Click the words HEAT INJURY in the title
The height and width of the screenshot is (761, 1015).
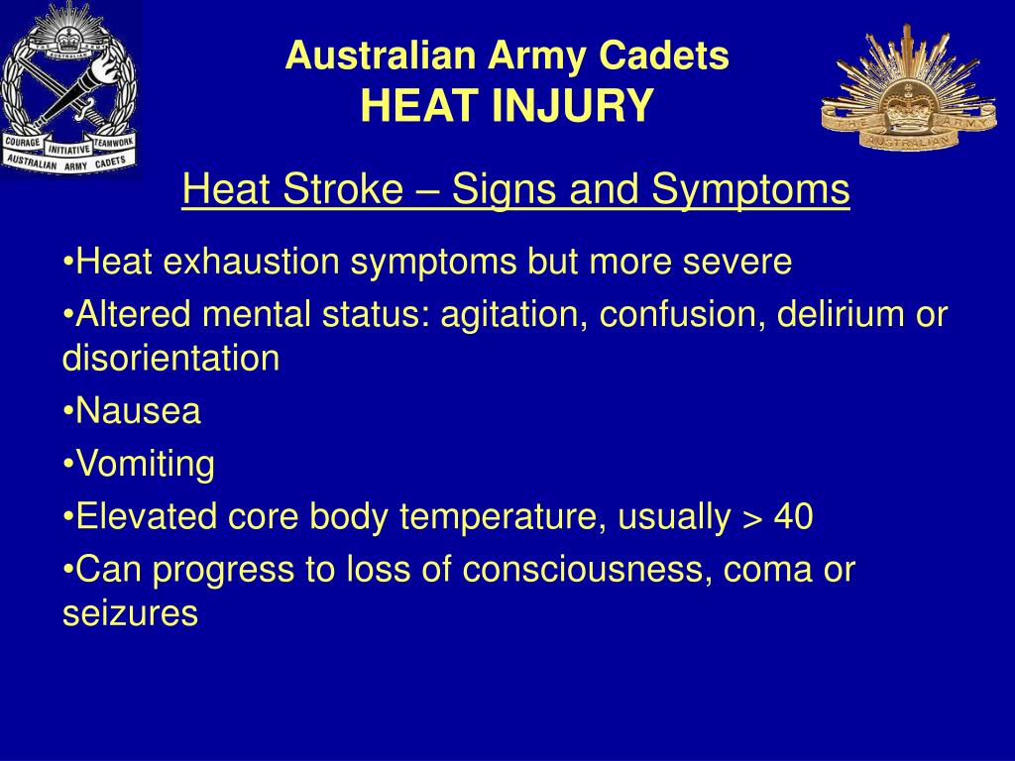[507, 105]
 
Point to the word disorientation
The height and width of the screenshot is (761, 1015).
[170, 359]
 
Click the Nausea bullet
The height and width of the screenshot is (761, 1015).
[138, 411]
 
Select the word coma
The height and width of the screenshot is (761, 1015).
[773, 570]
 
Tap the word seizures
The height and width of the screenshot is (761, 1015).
[130, 613]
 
